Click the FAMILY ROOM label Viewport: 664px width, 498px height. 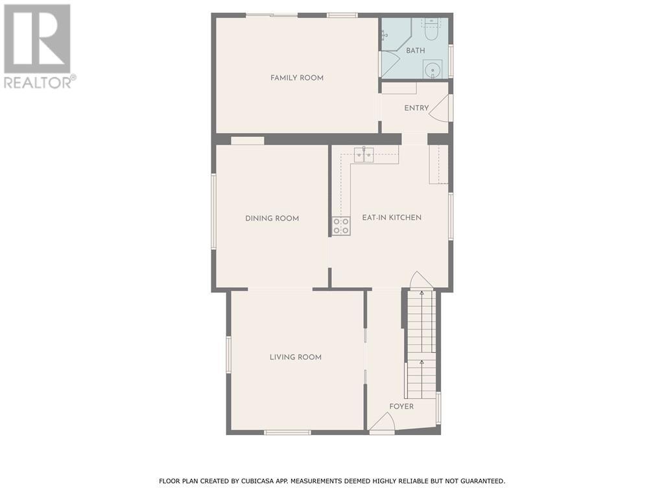point(297,78)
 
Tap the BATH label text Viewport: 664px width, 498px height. point(416,51)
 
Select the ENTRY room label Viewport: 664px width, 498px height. point(416,108)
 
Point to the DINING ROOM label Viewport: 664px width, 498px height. point(272,219)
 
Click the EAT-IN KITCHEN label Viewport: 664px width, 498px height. point(392,218)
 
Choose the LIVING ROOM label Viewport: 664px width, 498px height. point(296,357)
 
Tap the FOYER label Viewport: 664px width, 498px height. point(401,407)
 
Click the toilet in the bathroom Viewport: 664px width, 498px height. point(432,29)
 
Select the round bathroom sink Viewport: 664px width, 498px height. point(433,68)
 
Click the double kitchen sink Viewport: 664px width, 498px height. point(363,154)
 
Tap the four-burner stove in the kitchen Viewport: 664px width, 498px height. point(341,226)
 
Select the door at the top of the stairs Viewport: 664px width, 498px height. point(421,280)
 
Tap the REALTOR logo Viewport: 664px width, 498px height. point(38,45)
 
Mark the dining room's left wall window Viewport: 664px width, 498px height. point(213,211)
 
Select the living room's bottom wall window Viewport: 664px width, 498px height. point(287,432)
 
